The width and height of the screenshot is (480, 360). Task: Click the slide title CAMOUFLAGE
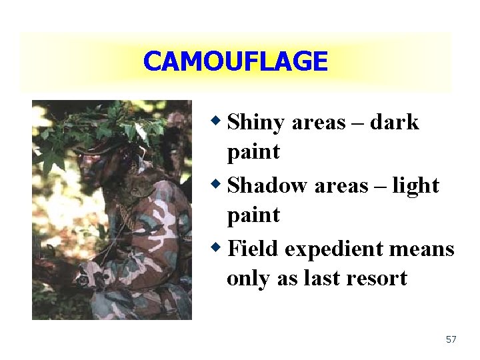point(235,62)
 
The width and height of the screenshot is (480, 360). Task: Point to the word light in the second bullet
point(415,186)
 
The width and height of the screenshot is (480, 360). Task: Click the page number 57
point(451,339)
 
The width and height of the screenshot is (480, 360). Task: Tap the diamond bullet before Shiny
point(216,121)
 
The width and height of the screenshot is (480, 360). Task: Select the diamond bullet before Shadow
point(216,184)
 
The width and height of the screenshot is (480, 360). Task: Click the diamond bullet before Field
point(216,247)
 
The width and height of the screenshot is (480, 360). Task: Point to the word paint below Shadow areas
point(253,216)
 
